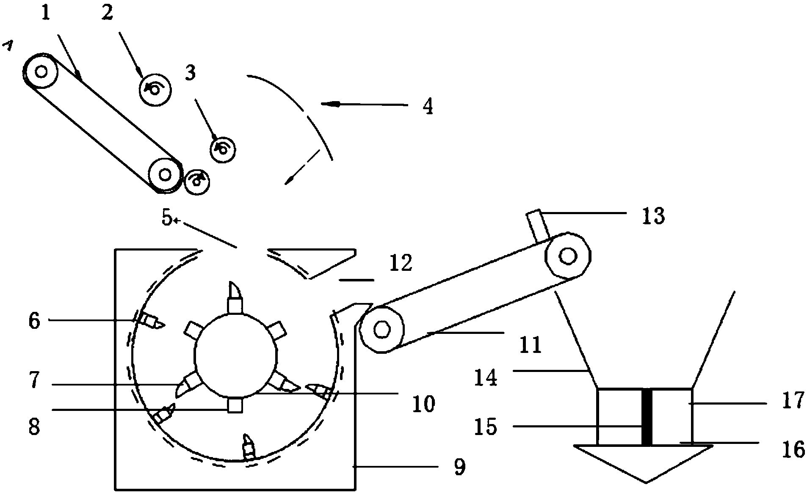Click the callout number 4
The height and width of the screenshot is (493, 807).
click(428, 106)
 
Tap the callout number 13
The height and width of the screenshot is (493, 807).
click(653, 216)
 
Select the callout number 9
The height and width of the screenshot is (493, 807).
click(459, 467)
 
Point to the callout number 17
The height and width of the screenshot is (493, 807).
click(793, 400)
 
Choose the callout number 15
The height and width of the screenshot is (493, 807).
click(485, 427)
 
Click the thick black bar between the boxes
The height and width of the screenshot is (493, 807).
click(647, 417)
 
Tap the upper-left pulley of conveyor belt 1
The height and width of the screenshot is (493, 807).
click(41, 72)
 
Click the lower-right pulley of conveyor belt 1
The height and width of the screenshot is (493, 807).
click(165, 175)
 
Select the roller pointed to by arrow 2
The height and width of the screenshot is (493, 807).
click(155, 90)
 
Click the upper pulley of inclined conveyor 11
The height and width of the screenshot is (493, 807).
click(568, 256)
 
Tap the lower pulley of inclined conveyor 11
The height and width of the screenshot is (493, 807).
click(382, 330)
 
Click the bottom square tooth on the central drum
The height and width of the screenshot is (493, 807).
click(235, 405)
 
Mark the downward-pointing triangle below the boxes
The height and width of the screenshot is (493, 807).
click(644, 463)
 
